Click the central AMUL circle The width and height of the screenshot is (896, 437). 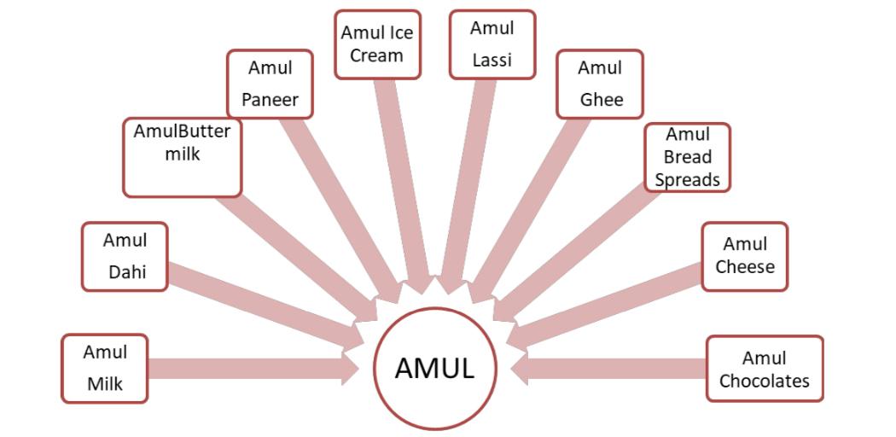point(435,369)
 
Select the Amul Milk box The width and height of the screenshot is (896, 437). point(105,368)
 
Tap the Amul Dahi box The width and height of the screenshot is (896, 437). point(125,257)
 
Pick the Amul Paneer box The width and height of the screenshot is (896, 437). point(270,84)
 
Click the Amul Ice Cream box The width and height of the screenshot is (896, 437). point(376,44)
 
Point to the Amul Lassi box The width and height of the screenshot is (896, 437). point(492,44)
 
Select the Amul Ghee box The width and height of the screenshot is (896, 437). point(600,84)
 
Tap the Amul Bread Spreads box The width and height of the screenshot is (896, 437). point(687,157)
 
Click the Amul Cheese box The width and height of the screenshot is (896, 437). point(744,256)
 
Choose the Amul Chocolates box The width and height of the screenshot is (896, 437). point(764,369)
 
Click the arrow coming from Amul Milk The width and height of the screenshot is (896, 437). point(256,369)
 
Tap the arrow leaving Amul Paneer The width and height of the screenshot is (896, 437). point(341,205)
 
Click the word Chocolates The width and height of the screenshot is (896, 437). point(764,381)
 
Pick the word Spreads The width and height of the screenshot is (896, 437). point(687,180)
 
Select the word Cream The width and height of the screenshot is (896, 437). point(376,55)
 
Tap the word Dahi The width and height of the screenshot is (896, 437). point(126,272)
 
